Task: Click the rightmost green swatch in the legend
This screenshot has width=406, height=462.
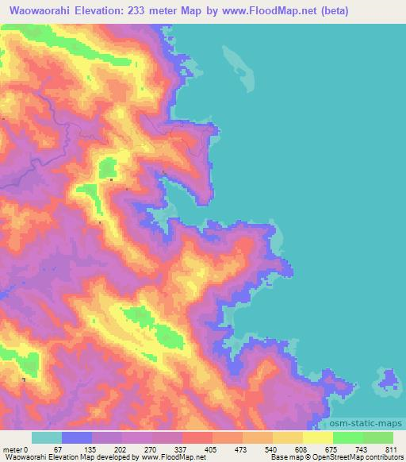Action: click(x=377, y=437)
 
